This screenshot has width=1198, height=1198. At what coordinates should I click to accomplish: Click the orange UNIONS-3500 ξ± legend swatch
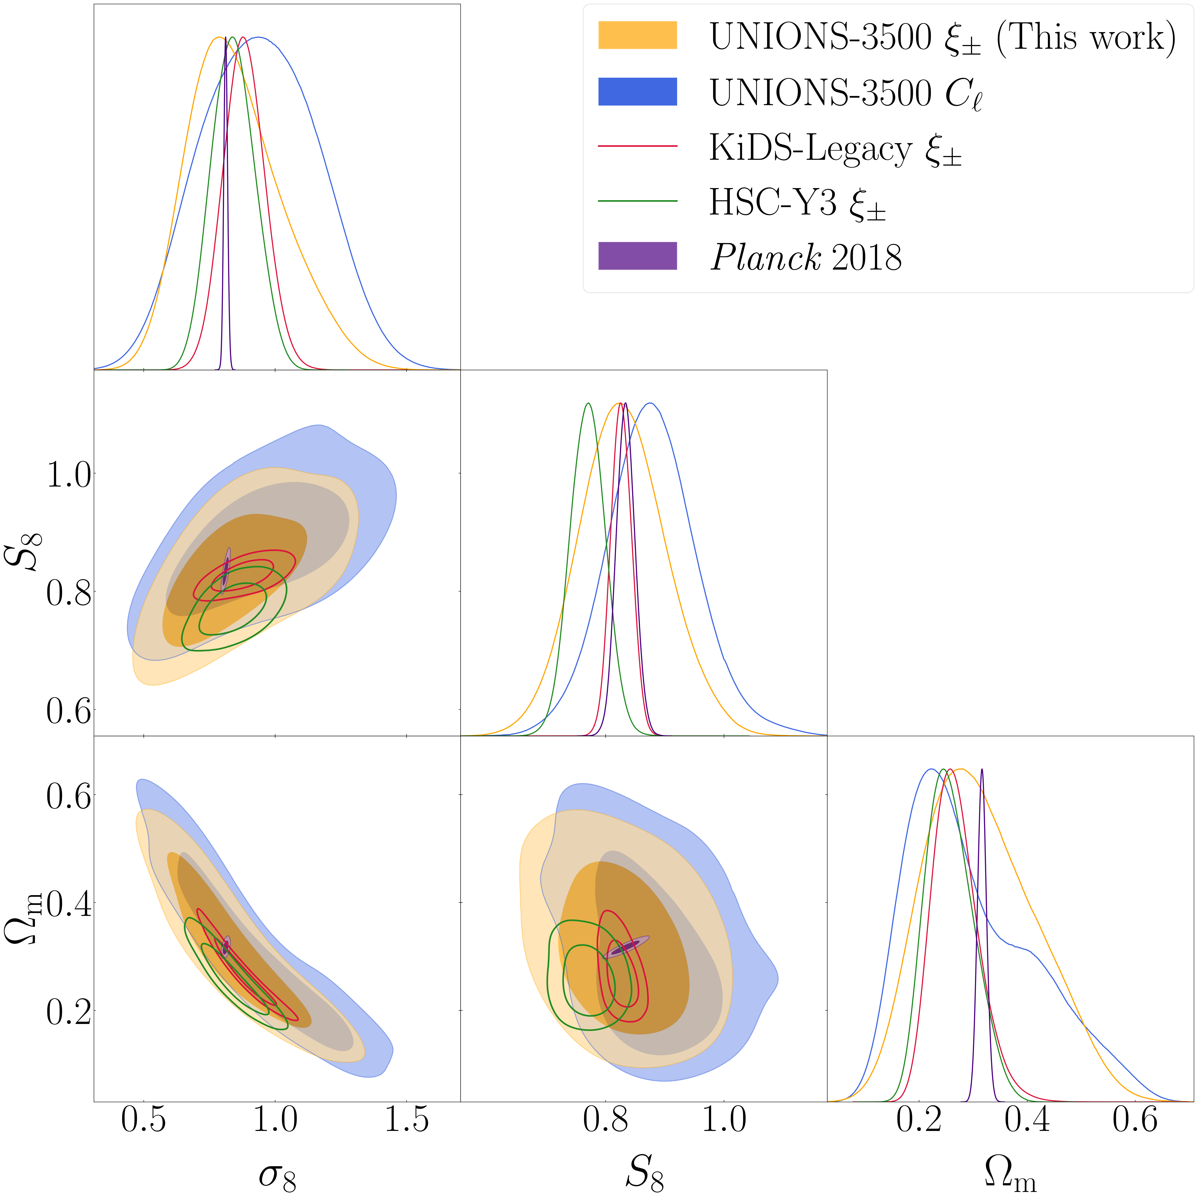pyautogui.click(x=638, y=35)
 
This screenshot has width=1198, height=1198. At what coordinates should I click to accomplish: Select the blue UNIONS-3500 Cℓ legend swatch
pyautogui.click(x=638, y=92)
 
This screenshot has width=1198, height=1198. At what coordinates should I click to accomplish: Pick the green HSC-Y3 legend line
pyautogui.click(x=638, y=201)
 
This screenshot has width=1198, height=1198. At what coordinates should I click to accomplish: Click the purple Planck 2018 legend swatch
pyautogui.click(x=638, y=256)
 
